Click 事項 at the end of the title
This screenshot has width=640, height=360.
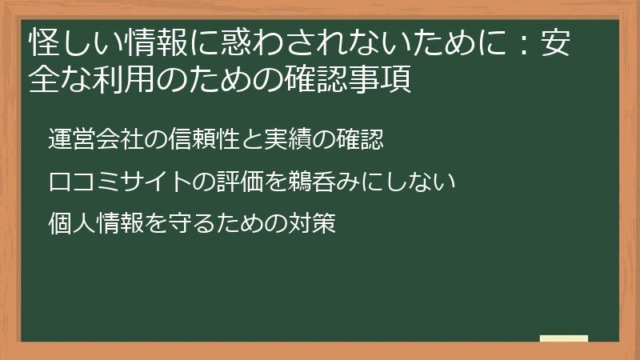[387, 80]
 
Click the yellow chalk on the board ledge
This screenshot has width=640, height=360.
[564, 339]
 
